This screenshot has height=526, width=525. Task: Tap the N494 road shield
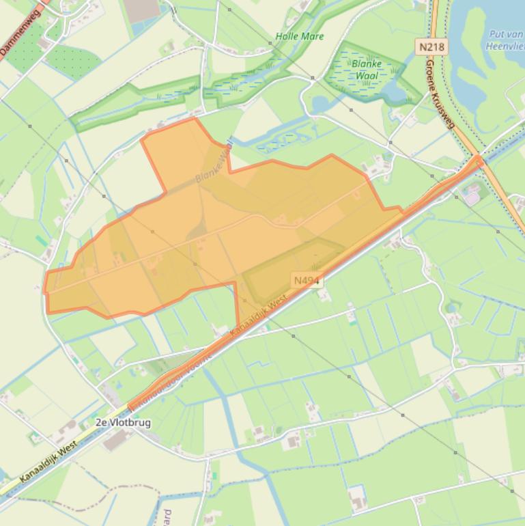tap(307, 280)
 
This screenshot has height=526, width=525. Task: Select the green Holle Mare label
tap(300, 36)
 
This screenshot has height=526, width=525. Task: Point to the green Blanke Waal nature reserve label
tap(368, 70)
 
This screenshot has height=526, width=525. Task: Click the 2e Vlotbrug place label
tap(123, 422)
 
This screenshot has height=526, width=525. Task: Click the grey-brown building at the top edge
tap(142, 10)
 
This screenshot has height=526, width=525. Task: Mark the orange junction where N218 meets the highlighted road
tap(479, 161)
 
